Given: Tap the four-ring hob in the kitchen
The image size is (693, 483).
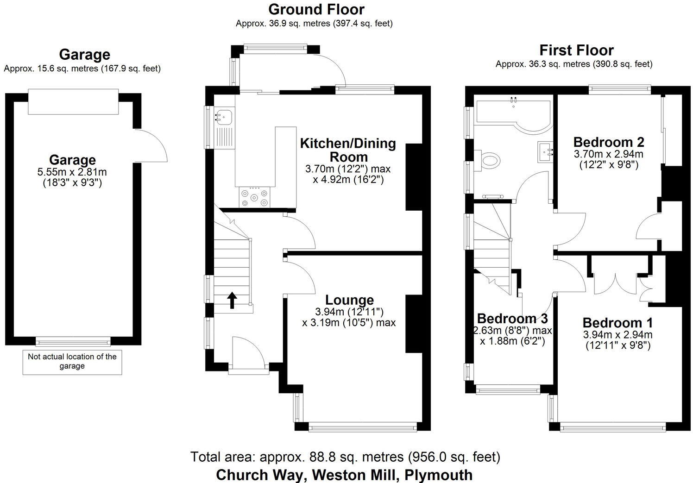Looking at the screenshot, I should pyautogui.click(x=254, y=198).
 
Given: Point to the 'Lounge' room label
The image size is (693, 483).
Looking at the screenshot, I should pyautogui.click(x=349, y=300).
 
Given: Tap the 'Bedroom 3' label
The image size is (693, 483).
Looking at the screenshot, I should pyautogui.click(x=512, y=319).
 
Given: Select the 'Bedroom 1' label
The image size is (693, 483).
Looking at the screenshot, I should pyautogui.click(x=617, y=323).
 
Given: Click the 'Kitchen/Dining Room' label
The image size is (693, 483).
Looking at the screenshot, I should pyautogui.click(x=348, y=150).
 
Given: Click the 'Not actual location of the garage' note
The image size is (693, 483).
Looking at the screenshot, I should pyautogui.click(x=72, y=361).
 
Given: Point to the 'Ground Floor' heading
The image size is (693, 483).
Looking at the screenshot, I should pyautogui.click(x=316, y=9).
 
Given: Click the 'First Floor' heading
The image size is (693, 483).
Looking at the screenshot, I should pyautogui.click(x=576, y=50).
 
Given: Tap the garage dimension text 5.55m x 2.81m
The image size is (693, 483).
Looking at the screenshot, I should pyautogui.click(x=72, y=172).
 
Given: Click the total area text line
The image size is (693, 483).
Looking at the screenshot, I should pyautogui.click(x=345, y=457).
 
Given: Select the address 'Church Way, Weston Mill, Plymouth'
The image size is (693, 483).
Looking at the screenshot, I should pyautogui.click(x=344, y=475).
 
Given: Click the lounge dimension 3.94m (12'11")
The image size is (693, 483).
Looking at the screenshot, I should pyautogui.click(x=349, y=312).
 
